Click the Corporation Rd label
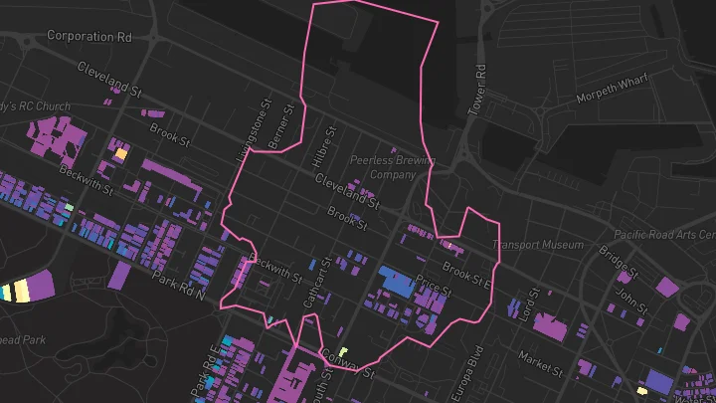[89, 36]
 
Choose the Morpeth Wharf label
[612, 98]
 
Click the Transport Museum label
[538, 245]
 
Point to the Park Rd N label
[178, 285]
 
